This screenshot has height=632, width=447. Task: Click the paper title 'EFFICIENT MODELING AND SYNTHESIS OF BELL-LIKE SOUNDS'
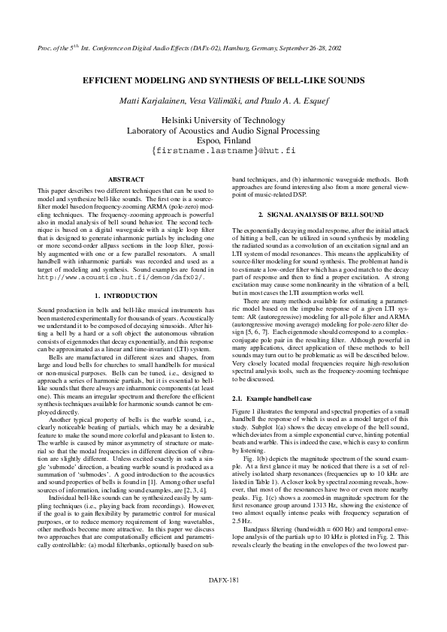coord(223,80)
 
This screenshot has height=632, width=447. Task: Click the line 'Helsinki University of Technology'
coord(223,120)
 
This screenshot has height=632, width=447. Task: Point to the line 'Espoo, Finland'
coord(223,140)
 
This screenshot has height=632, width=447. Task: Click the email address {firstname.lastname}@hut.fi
coord(223,150)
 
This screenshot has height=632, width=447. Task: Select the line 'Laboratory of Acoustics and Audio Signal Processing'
coord(223,130)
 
